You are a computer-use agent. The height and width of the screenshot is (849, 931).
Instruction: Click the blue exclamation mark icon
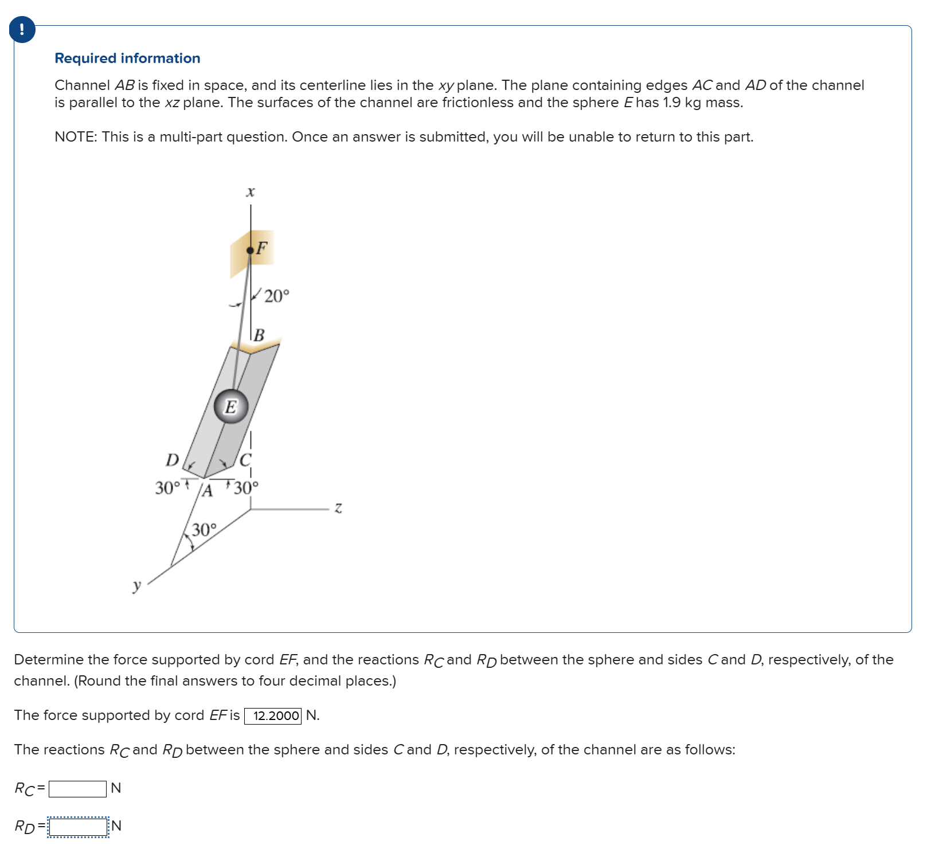click(x=22, y=30)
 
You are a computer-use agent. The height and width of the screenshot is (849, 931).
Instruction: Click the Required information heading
click(x=127, y=58)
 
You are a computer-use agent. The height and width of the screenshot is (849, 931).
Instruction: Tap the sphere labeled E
click(x=231, y=407)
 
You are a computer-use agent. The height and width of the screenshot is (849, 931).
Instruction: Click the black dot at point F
click(x=250, y=251)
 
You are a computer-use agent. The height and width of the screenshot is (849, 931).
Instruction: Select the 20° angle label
click(x=277, y=296)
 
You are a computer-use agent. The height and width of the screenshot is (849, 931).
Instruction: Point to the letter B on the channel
click(x=259, y=335)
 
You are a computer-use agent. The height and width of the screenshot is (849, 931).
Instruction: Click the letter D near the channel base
click(x=172, y=460)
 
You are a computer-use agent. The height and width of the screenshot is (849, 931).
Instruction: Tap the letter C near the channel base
click(x=245, y=460)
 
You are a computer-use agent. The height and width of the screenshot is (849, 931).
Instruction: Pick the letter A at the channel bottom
click(x=208, y=491)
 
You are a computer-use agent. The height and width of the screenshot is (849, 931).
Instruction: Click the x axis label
click(x=250, y=192)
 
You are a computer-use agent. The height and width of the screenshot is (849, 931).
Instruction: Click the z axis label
click(x=338, y=508)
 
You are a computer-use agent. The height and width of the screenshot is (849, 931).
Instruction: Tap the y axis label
click(x=136, y=585)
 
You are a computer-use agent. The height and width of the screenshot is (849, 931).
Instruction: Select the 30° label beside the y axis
click(x=205, y=530)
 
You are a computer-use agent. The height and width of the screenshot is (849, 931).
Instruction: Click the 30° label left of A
click(x=167, y=488)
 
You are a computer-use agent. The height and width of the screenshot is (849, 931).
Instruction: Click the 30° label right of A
click(x=247, y=488)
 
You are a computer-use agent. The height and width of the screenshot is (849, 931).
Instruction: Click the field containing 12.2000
click(x=273, y=716)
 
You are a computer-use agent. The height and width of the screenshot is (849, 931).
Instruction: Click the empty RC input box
click(x=77, y=789)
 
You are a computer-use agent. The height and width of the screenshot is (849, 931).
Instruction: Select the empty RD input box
click(x=78, y=827)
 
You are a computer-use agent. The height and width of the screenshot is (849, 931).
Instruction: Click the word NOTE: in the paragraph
click(x=76, y=137)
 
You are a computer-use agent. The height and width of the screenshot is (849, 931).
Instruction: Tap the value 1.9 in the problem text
click(x=671, y=103)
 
